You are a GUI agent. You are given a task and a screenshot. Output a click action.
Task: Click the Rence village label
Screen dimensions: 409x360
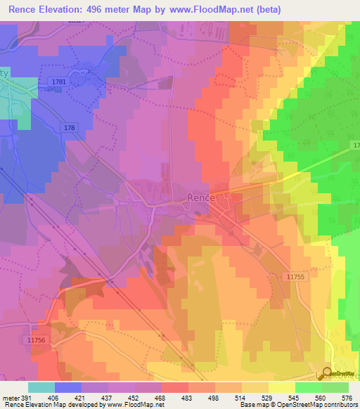pos(205,199)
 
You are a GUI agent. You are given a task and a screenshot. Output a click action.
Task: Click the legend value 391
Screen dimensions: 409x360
pos(27,397)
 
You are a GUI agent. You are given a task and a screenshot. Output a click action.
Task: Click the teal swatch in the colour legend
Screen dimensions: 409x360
pos(41,387)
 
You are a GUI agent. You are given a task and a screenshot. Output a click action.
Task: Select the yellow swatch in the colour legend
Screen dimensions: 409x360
pos(282,387)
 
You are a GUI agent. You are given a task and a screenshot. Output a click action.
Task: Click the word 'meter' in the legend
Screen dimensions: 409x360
pos(11,397)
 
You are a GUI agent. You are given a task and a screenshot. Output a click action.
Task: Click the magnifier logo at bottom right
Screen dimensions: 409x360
pos(327,375)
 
